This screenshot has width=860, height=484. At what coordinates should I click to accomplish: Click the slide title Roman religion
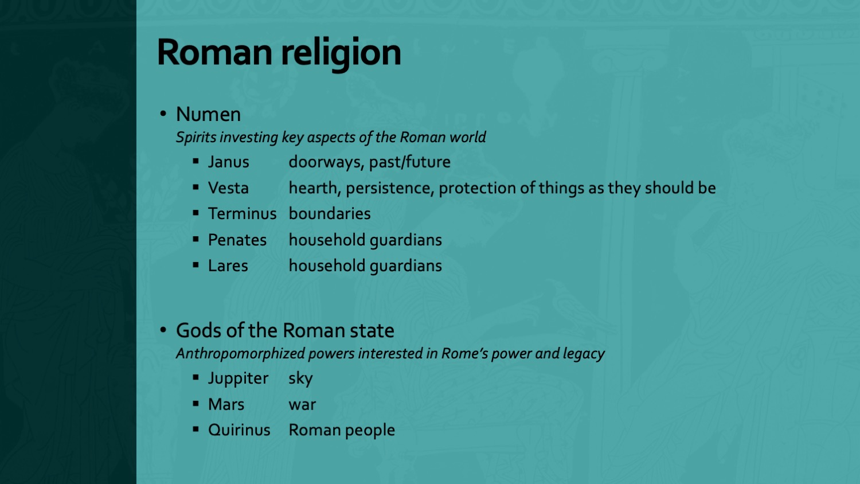click(x=279, y=53)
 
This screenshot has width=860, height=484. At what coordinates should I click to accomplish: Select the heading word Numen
click(x=208, y=115)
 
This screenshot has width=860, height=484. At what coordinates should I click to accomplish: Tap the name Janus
click(x=228, y=162)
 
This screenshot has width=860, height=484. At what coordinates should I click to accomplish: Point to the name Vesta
click(x=228, y=188)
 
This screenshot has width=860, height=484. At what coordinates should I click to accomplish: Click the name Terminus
click(x=242, y=214)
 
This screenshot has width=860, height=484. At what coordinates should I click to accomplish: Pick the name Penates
click(x=237, y=240)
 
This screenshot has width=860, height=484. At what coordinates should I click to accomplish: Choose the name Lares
click(x=228, y=266)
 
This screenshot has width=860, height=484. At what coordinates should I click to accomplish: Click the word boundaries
click(x=330, y=214)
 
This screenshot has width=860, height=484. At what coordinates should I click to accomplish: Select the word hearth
click(x=313, y=188)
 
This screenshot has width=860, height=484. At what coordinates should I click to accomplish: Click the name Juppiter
click(x=238, y=378)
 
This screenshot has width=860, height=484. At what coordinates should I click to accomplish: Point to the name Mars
click(x=226, y=405)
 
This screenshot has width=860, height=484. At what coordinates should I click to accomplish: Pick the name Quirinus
click(x=239, y=430)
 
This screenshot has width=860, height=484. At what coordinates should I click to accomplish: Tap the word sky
click(x=300, y=378)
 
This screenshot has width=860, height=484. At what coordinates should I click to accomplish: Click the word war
click(x=302, y=405)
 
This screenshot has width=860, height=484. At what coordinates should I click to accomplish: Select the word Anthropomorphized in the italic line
click(x=240, y=354)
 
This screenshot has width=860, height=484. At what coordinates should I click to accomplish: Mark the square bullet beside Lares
click(x=196, y=266)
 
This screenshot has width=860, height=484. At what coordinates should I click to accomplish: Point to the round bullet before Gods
click(x=163, y=330)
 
